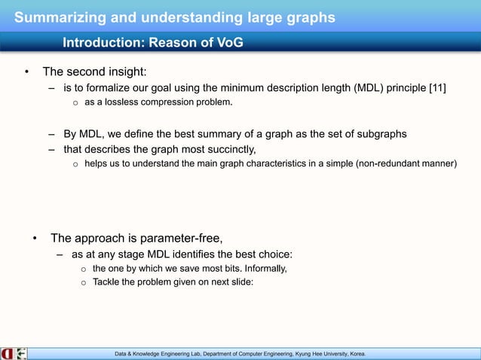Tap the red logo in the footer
(x=7, y=352)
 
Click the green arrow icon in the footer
(x=21, y=352)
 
